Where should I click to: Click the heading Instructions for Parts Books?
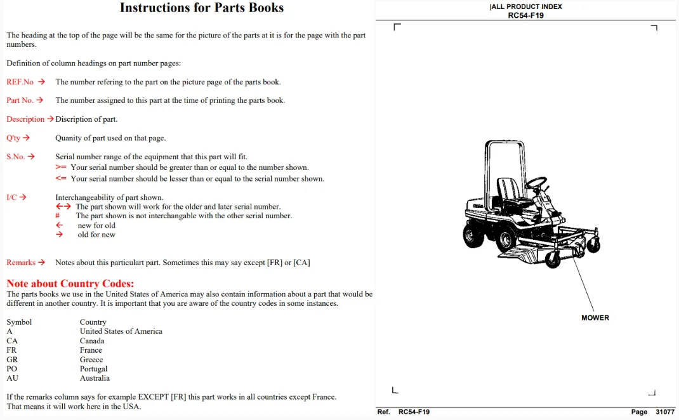202,8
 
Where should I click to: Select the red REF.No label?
20,82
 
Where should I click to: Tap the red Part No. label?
20,100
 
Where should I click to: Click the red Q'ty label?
13,138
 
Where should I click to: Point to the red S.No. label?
16,157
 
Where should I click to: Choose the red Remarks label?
21,263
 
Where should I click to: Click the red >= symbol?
61,167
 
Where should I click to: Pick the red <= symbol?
61,178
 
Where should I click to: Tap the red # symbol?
57,216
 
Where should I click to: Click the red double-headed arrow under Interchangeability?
63,207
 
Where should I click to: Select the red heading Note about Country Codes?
70,284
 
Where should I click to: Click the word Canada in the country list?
92,341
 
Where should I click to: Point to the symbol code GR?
12,359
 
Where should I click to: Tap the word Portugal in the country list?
93,369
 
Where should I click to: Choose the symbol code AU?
13,378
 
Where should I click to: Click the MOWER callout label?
595,318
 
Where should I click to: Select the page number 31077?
665,412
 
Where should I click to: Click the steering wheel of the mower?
536,183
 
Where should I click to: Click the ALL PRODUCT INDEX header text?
526,6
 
